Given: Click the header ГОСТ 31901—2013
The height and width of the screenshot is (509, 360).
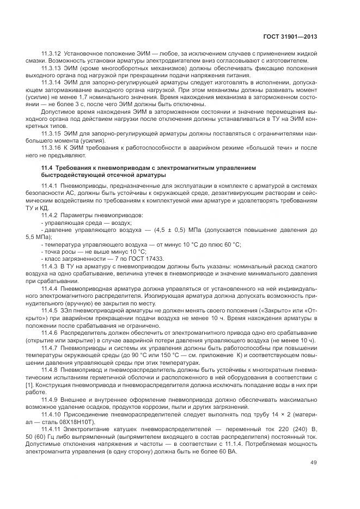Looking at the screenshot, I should click(x=289, y=37).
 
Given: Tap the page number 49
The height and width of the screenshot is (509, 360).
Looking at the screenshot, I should click(x=313, y=463).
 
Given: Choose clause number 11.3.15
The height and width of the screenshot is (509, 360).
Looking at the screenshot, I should click(x=51, y=132).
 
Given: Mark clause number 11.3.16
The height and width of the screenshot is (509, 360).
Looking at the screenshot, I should click(x=51, y=147).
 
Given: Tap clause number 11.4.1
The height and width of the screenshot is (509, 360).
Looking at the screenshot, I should click(x=50, y=186).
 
